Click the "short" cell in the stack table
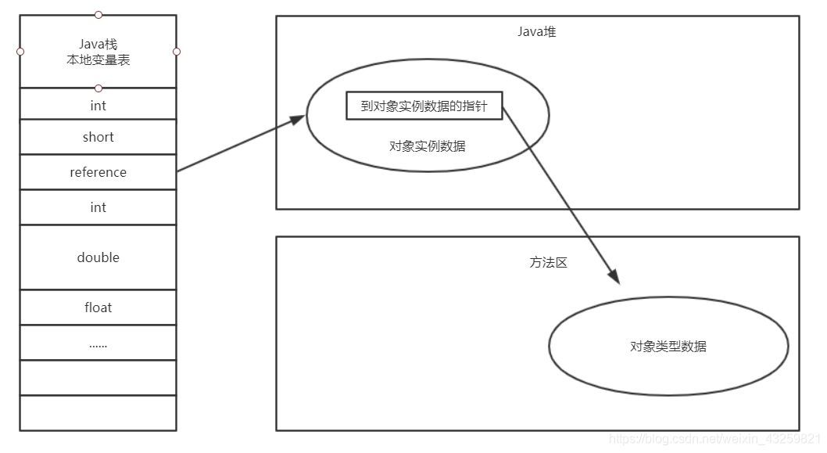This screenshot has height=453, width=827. pos(98,137)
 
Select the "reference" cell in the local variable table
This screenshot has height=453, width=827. pos(98,172)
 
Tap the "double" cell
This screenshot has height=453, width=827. pos(98,257)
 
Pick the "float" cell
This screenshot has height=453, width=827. pos(98,307)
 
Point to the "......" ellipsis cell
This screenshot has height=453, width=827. pos(98,343)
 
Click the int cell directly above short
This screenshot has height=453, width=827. pos(98,106)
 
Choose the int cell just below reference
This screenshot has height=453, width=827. pos(98,207)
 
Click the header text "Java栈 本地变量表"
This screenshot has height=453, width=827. pos(98,52)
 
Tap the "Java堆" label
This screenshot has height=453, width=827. pos(537,32)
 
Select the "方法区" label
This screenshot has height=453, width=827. pos(548,263)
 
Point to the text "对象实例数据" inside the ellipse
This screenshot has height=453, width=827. pos(428,146)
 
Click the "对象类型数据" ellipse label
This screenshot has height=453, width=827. pos(668,346)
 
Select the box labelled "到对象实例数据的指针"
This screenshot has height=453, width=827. pos(424,106)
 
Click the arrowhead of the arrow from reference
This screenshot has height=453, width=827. pos(297,120)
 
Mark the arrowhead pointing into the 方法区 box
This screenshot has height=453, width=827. pos(614,277)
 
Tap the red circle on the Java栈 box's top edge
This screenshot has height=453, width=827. pos(98,15)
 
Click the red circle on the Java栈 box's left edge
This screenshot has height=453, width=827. pos(20,52)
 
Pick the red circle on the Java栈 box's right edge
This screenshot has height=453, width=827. pos(177,52)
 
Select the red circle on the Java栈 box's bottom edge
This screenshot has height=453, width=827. pos(98,88)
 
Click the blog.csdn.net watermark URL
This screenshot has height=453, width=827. pos(714,440)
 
